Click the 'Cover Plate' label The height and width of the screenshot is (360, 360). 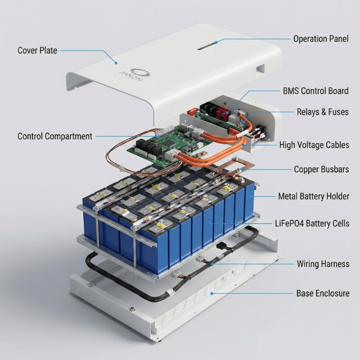pos(37,50)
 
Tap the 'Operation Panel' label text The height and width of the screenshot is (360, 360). pos(321,39)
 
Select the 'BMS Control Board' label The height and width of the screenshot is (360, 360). pos(315,91)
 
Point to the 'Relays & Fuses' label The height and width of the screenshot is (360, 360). pos(322,112)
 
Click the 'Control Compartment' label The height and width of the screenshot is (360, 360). pos(55,136)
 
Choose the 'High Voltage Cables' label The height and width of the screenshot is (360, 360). pos(314,145)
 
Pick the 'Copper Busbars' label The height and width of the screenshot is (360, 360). pos(321,170)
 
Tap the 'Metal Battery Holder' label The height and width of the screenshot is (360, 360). pos(314,196)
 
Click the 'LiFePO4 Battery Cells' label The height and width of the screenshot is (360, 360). pos(312,223)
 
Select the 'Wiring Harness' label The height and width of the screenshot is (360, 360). pos(323,264)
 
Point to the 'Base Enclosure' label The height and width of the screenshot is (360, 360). pos(323,293)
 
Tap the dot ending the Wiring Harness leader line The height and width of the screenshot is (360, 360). pos(211,264)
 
